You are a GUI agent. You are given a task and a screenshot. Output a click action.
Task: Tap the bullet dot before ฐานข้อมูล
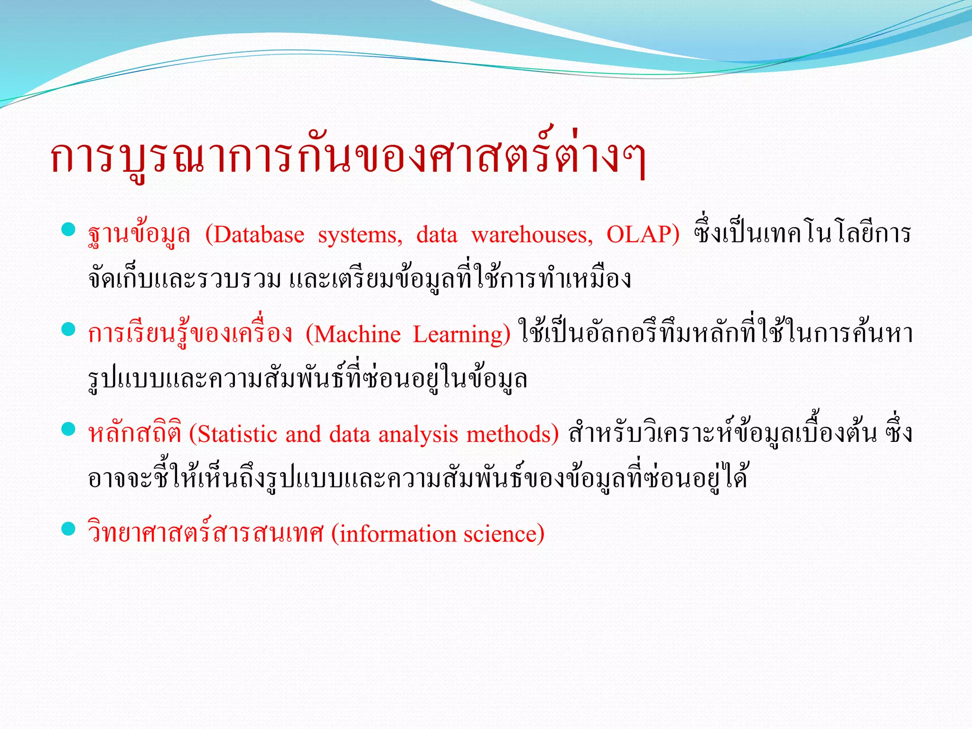69,230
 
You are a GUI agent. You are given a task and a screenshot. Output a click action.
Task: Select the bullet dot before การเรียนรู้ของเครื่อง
69,329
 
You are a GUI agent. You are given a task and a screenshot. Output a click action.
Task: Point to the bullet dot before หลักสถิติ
69,429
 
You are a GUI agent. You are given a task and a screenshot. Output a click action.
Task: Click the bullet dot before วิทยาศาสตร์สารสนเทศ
69,529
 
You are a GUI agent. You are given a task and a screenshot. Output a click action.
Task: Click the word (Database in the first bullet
255,234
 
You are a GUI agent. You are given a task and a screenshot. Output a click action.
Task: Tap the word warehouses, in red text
532,234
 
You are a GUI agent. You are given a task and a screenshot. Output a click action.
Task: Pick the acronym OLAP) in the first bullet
643,234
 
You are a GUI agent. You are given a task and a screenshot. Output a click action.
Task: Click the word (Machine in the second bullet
353,334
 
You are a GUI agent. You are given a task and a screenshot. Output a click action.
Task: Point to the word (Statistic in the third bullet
233,434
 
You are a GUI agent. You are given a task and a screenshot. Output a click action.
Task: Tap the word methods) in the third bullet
513,434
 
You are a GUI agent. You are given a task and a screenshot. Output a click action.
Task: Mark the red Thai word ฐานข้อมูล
139,234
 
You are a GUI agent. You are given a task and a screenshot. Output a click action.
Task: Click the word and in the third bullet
303,434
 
